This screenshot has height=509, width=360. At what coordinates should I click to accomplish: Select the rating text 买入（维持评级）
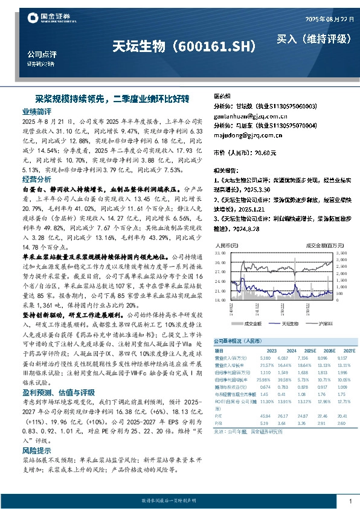313,39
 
